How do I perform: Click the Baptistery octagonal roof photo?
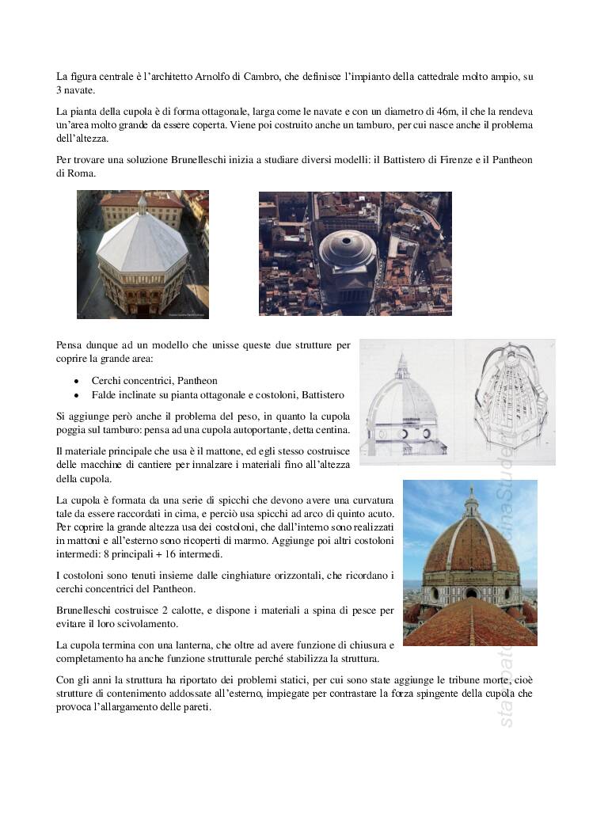click(142, 254)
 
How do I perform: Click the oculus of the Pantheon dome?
click(348, 238)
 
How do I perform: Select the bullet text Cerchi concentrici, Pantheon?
click(154, 380)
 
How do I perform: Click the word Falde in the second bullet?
click(105, 394)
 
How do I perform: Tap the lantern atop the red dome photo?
click(472, 504)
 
